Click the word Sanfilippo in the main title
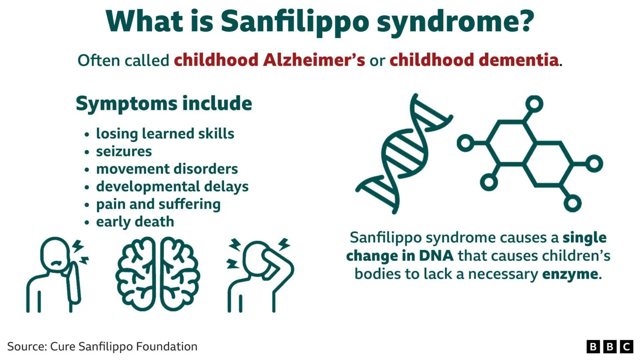294,22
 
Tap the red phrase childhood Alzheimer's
269,60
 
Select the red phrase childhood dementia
474,60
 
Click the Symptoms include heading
164,103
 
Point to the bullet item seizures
124,151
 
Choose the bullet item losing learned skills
165,134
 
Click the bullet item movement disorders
167,169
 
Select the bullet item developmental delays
172,186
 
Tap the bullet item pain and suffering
158,204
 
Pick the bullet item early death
135,222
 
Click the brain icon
157,274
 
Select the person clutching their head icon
260,275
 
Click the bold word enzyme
570,274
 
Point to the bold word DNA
436,256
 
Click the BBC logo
610,347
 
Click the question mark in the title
526,22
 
